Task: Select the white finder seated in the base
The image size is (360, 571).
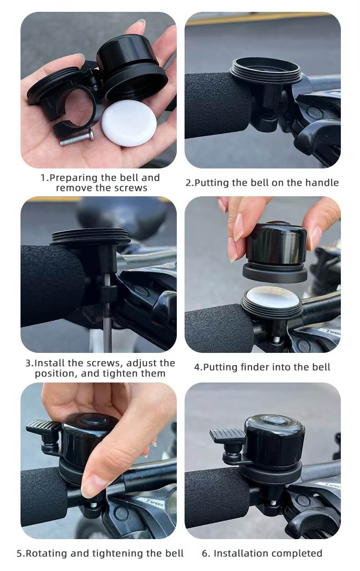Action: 272,296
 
